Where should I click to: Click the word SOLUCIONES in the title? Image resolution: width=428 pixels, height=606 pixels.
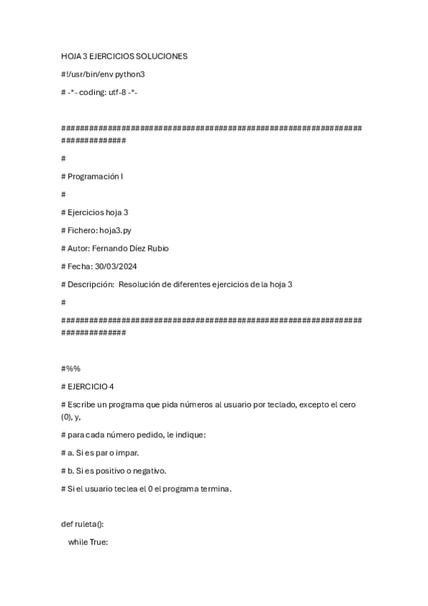click(162, 56)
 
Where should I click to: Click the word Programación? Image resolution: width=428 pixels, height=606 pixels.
click(94, 176)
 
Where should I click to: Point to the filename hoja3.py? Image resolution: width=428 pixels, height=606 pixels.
click(116, 230)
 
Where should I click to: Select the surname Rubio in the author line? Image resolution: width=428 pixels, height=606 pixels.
click(156, 248)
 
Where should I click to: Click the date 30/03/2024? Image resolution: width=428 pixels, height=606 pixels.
click(116, 266)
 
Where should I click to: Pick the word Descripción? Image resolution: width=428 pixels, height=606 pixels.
click(91, 284)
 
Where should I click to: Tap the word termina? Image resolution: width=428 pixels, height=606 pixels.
click(216, 489)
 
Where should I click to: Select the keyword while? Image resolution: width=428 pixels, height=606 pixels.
click(78, 542)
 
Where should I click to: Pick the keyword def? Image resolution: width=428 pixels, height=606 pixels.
click(67, 524)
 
